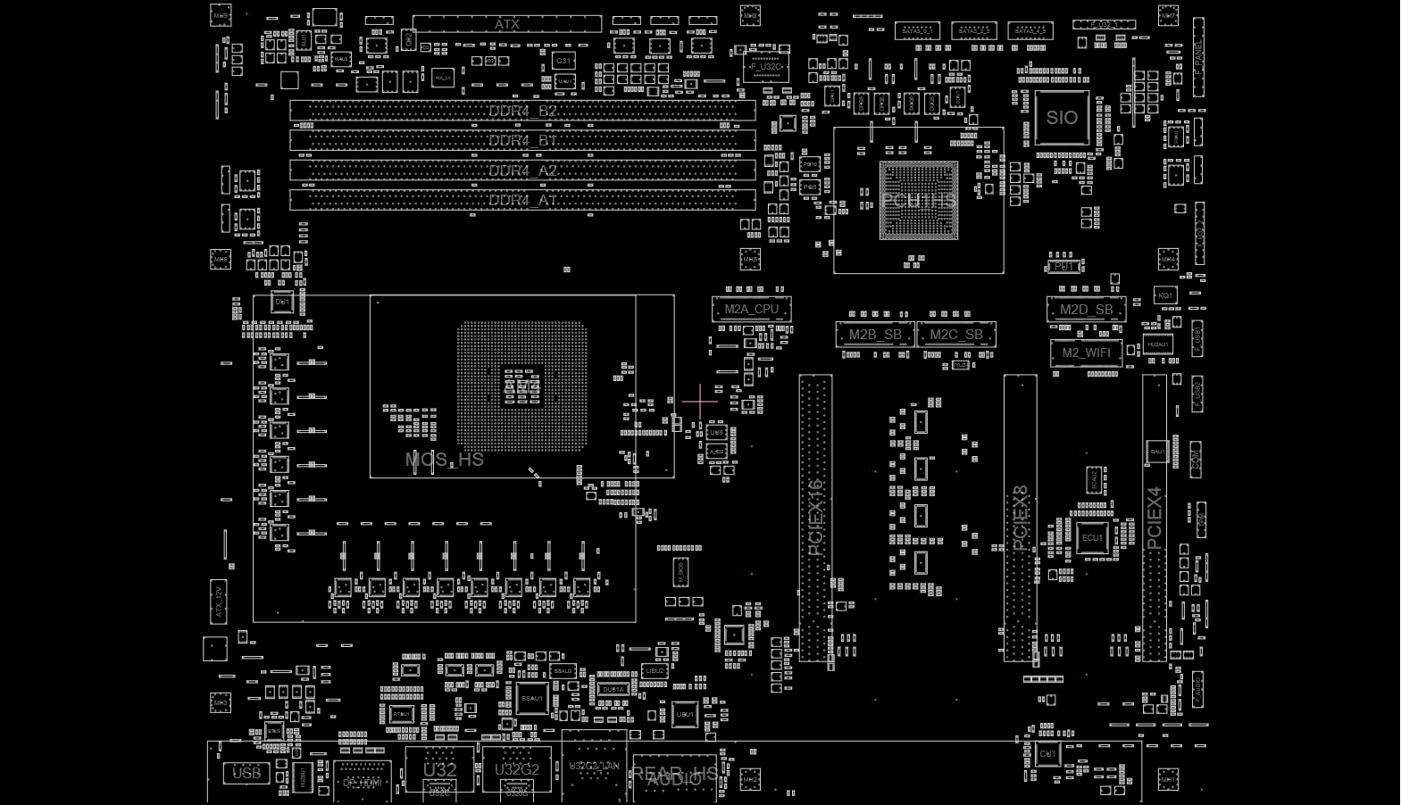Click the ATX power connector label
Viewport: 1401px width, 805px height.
(506, 24)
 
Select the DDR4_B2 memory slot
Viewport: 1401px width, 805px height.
(522, 111)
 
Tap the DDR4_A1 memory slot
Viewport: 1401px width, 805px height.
(522, 200)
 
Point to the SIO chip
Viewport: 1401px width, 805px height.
(1062, 117)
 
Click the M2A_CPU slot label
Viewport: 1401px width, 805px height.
(752, 310)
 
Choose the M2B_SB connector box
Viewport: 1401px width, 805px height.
(875, 335)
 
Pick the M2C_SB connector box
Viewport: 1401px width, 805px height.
(956, 335)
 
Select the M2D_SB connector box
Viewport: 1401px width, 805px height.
(1086, 310)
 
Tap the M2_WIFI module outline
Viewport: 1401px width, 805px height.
(1086, 353)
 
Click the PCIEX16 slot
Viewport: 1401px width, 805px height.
(815, 518)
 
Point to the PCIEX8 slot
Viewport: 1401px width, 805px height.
(1020, 518)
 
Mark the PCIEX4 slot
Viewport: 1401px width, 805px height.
(1155, 518)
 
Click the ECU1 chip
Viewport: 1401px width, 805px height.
(1092, 538)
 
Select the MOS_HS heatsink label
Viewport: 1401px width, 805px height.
(445, 460)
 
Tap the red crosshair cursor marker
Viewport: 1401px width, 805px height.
(699, 401)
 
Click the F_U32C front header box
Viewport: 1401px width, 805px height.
(766, 67)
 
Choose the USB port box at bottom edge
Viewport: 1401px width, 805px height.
(246, 773)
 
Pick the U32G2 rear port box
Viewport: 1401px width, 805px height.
(517, 769)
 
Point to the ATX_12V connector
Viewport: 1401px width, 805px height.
(219, 601)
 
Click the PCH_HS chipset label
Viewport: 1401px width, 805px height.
(918, 200)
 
